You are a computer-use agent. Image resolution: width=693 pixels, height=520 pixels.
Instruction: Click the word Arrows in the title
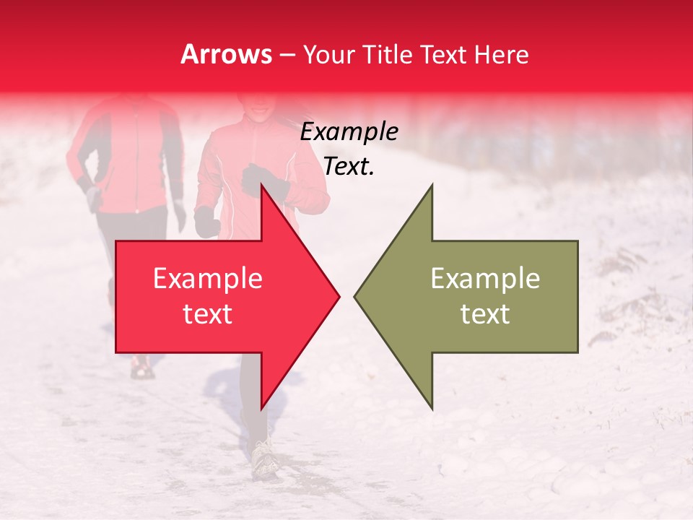(226, 54)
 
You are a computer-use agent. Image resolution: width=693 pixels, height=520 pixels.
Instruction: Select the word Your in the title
(330, 54)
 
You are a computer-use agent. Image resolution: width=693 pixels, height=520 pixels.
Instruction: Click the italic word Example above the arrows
(349, 132)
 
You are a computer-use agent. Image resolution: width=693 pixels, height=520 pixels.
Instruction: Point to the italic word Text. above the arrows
(349, 167)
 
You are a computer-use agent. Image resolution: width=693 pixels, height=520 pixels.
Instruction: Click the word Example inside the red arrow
(207, 279)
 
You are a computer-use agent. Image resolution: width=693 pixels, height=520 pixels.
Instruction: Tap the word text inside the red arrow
(207, 314)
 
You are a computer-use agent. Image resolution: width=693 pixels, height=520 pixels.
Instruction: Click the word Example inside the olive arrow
(485, 279)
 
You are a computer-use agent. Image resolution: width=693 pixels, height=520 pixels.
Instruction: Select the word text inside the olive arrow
(485, 314)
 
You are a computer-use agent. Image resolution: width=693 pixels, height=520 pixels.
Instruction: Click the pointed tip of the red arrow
(339, 296)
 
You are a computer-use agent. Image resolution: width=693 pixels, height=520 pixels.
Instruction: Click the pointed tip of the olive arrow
(355, 296)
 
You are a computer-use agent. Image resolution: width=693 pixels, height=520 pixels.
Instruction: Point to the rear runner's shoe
(141, 368)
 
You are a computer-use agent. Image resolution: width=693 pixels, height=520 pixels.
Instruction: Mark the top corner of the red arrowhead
(261, 185)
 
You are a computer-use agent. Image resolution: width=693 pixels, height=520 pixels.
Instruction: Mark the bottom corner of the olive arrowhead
(432, 409)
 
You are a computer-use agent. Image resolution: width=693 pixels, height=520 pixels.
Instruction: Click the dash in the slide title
(287, 55)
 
